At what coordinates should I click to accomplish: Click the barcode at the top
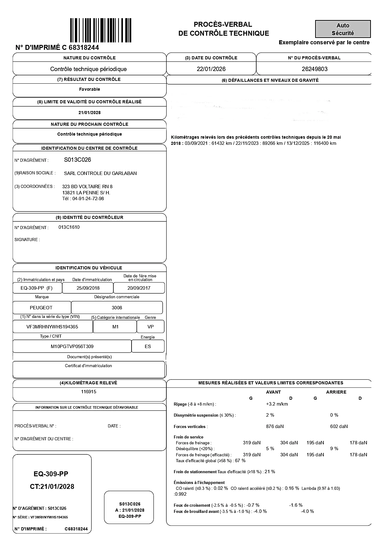click(101, 30)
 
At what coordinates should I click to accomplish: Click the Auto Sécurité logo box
click(343, 29)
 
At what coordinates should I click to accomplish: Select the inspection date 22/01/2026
click(211, 69)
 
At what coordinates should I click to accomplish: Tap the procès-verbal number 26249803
click(315, 69)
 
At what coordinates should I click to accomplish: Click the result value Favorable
click(89, 89)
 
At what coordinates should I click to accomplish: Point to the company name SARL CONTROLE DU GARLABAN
click(100, 173)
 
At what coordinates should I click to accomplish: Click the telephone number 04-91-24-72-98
click(88, 199)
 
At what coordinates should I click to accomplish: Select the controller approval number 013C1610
click(69, 227)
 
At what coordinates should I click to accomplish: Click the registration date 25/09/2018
click(88, 288)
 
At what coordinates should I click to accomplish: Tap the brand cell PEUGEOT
click(41, 308)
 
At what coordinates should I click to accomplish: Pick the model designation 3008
click(117, 308)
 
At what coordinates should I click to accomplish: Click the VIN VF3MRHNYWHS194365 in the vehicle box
click(52, 327)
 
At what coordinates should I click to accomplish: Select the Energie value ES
click(148, 347)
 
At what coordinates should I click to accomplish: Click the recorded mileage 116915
click(88, 392)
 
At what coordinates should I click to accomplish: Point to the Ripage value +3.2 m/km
click(277, 404)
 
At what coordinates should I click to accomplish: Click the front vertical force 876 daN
click(274, 426)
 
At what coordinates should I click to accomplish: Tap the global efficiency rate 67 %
click(240, 461)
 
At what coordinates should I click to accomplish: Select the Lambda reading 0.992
click(181, 494)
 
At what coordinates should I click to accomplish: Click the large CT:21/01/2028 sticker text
click(52, 487)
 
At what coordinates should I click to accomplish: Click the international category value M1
click(115, 327)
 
